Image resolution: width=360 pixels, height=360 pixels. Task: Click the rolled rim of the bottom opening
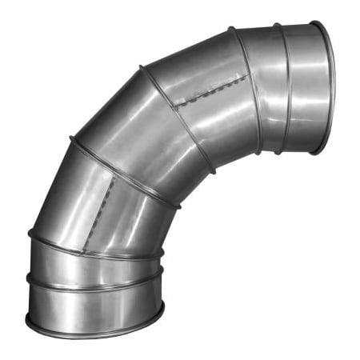(96, 329)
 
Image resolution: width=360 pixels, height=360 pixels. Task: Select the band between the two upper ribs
(266, 88)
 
